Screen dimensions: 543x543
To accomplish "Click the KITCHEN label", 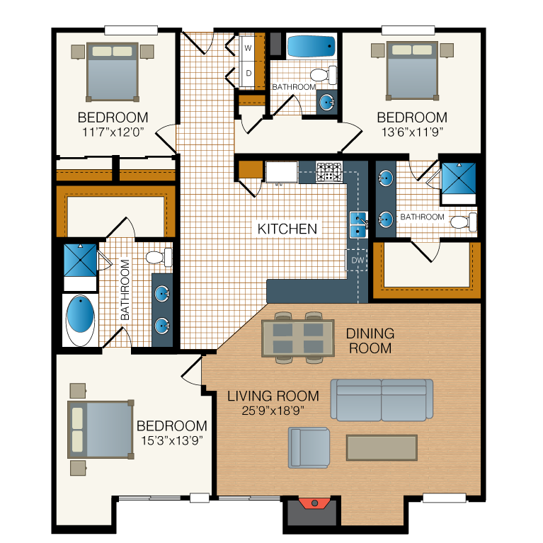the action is click(x=287, y=229).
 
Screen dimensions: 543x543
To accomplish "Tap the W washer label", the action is click(x=248, y=48).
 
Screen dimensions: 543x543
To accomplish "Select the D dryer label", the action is click(x=248, y=73).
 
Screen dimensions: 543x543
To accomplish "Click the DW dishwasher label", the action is click(x=358, y=260).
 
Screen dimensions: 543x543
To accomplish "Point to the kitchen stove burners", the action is click(x=329, y=172).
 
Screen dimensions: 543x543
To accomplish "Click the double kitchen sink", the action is click(x=358, y=224).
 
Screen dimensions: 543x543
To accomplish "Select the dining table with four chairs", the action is click(x=298, y=338).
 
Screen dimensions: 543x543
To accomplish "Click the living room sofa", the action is click(x=382, y=400).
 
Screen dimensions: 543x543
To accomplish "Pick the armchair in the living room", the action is click(x=309, y=447).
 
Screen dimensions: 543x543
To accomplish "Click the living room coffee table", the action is click(x=382, y=447).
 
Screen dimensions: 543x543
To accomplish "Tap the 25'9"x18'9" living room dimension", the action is click(x=273, y=411).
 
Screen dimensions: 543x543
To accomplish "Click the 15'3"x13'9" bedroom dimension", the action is click(x=172, y=440).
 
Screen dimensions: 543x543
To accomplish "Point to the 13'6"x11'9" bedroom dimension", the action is click(x=412, y=132).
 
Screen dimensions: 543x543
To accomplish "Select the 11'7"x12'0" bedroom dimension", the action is click(x=113, y=132).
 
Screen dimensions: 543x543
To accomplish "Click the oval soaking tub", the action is click(x=80, y=320).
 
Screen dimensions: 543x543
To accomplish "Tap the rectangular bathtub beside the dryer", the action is click(x=311, y=46).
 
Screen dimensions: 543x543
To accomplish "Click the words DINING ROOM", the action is click(x=370, y=341).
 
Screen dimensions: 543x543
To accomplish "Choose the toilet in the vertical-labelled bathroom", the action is click(x=159, y=257).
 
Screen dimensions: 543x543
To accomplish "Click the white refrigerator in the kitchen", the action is click(x=282, y=172).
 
